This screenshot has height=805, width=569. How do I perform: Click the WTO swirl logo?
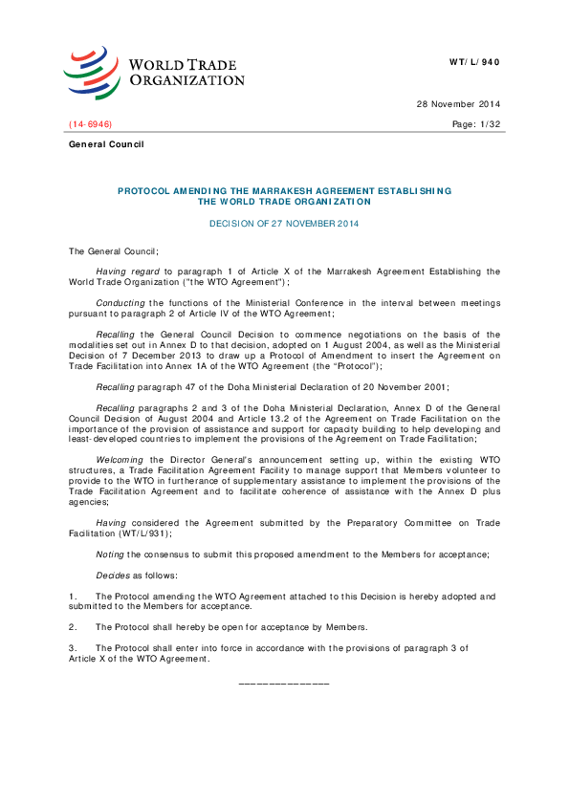[93, 70]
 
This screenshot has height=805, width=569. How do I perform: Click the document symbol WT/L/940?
[474, 62]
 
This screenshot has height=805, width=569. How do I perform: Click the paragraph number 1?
[73, 596]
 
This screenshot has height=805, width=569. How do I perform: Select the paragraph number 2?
[73, 626]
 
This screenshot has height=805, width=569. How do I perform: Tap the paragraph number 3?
[73, 647]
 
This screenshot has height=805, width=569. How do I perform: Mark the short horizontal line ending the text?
[284, 683]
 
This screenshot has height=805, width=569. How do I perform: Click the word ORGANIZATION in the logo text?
[186, 80]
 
